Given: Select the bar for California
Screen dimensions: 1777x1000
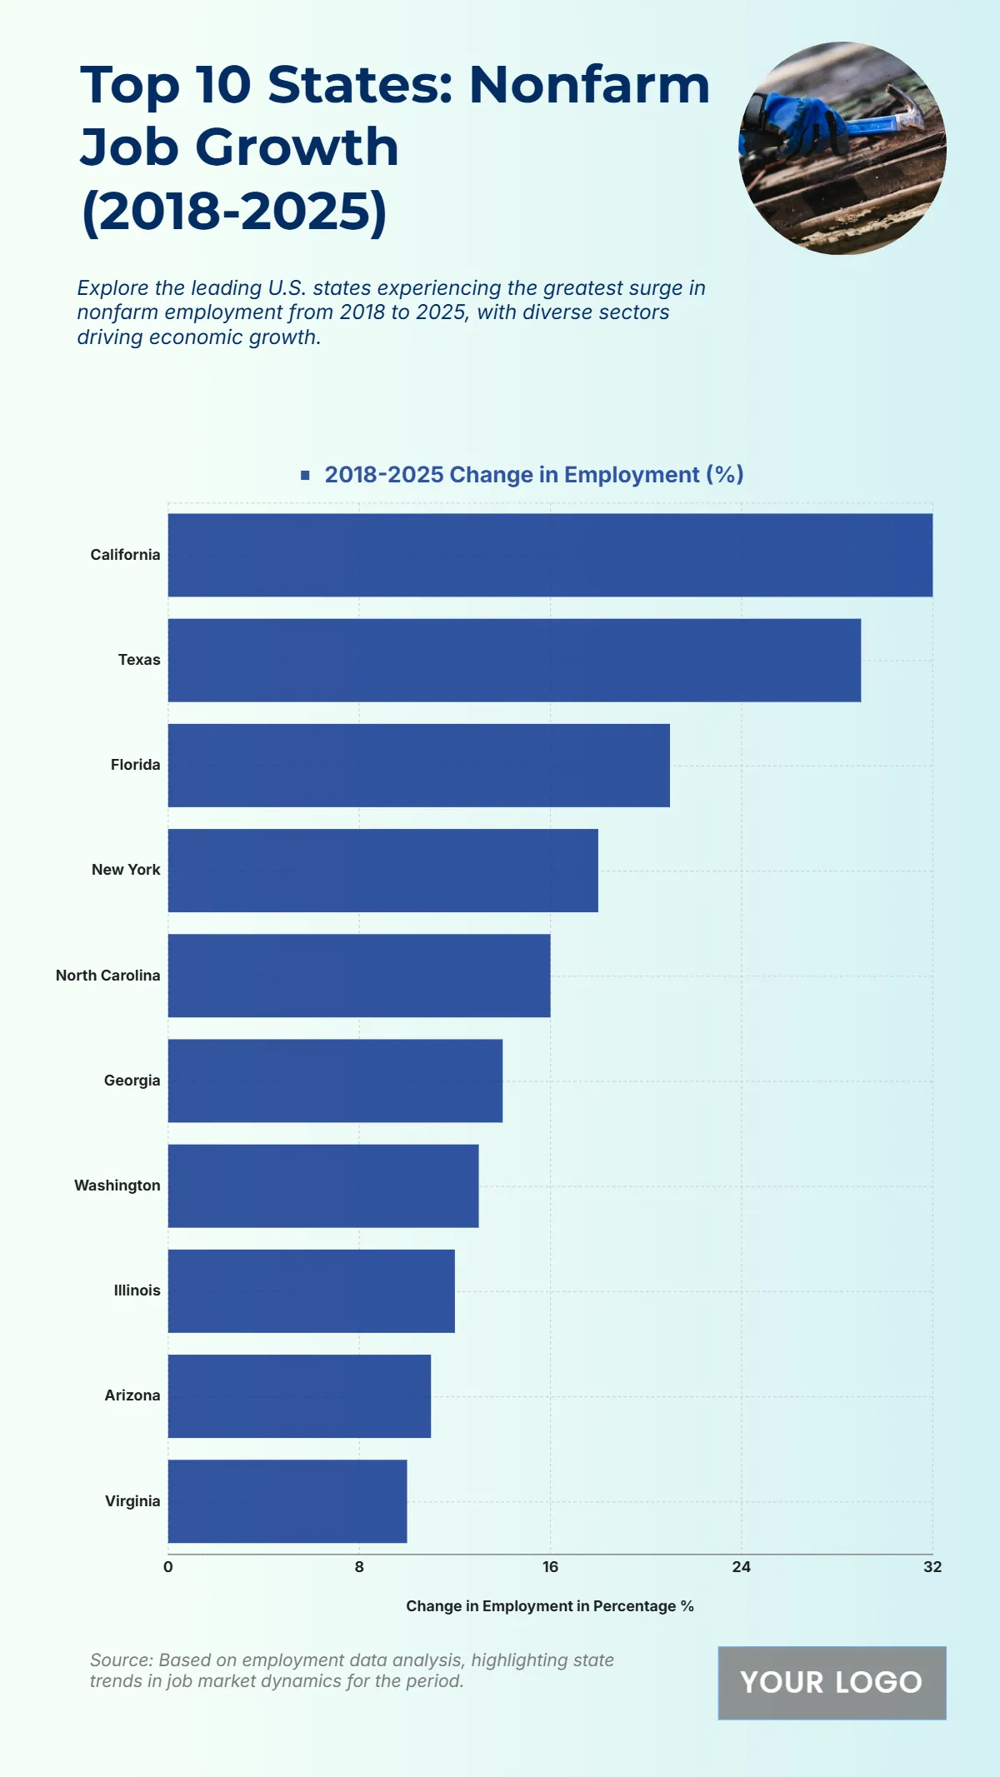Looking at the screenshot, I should coord(550,555).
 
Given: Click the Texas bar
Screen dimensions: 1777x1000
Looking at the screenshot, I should coord(514,660).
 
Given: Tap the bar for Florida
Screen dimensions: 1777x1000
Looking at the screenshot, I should coord(418,765).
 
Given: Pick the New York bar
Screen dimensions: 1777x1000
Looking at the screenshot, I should coord(382,870).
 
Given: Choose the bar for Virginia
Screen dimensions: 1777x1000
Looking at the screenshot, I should coord(287,1500).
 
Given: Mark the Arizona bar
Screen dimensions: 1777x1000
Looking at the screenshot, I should coord(299,1395).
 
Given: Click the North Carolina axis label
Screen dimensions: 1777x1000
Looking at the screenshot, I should coord(107,975).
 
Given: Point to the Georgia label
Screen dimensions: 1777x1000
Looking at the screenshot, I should coord(132,1081).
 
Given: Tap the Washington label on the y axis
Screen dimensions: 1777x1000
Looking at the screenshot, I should coord(117,1185).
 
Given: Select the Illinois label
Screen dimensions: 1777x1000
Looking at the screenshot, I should coord(137,1290).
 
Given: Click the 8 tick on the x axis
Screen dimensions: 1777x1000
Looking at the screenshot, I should coord(359,1566).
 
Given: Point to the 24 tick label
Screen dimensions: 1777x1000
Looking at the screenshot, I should coord(741,1566).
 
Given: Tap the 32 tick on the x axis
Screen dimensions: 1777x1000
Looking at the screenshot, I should coord(932,1566).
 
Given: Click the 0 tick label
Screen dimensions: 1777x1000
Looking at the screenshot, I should coord(168,1566).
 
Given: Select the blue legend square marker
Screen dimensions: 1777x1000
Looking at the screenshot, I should coord(305,475).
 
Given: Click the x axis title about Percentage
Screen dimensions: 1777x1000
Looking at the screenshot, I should coord(550,1605).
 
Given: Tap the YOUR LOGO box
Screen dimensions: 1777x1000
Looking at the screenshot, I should coord(832,1682).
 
